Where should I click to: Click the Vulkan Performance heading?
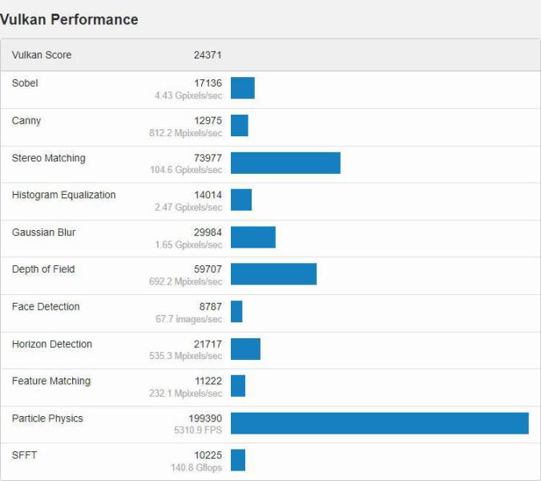(70, 20)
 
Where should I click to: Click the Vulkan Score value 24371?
(208, 55)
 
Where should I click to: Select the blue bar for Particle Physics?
(379, 423)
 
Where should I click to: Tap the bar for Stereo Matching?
(285, 163)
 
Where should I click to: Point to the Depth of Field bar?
(273, 273)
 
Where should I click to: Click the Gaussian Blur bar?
(252, 237)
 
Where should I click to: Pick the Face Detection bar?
(236, 311)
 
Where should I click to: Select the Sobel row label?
(25, 83)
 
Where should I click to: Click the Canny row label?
(26, 121)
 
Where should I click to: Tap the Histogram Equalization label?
(64, 195)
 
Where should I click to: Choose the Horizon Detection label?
(52, 344)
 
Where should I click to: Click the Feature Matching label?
(51, 381)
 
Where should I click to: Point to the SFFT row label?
(24, 455)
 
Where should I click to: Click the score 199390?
(205, 418)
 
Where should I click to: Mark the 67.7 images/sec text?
(189, 319)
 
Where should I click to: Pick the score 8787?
(211, 306)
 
